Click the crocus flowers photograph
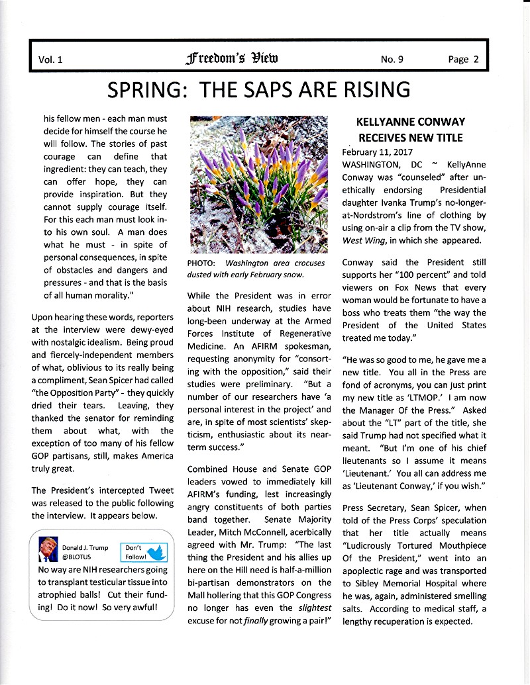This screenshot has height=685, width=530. point(257,184)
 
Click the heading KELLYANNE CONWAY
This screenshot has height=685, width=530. point(410,122)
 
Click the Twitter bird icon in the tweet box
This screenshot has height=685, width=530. point(158,551)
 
